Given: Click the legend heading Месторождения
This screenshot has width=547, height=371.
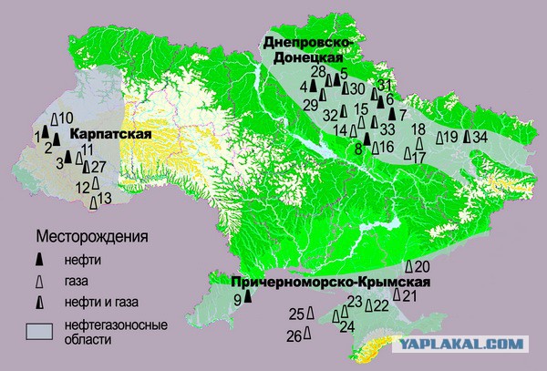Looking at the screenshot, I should pyautogui.click(x=91, y=238).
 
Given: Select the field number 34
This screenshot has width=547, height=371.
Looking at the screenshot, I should pyautogui.click(x=481, y=137).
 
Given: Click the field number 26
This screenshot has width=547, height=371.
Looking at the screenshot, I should pyautogui.click(x=294, y=336).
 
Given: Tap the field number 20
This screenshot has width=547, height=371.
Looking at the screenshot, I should pyautogui.click(x=421, y=266).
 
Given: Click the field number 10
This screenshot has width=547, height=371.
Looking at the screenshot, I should pyautogui.click(x=67, y=119).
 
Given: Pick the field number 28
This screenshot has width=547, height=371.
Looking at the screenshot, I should pyautogui.click(x=318, y=71).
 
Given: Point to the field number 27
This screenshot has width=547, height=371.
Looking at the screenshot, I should pyautogui.click(x=99, y=166).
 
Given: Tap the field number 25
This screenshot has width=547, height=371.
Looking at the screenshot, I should pyautogui.click(x=295, y=314).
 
